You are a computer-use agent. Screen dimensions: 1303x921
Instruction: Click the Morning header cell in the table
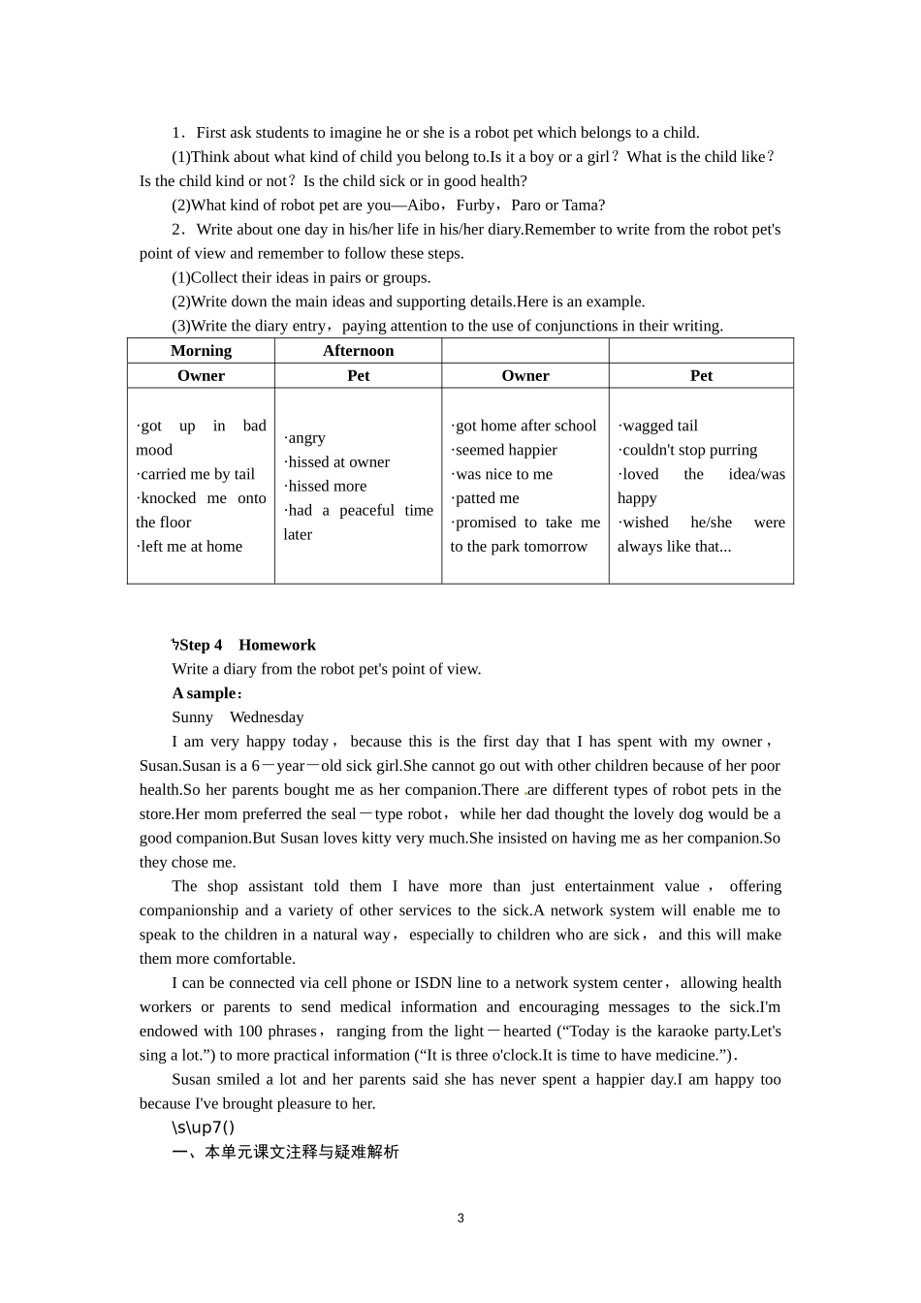201,351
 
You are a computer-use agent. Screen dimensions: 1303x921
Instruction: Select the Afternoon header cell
358,351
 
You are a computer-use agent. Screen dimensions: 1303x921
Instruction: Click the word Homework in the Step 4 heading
276,645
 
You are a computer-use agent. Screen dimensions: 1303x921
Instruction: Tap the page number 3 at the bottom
460,1218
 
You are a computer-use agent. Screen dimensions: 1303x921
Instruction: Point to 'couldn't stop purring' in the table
688,450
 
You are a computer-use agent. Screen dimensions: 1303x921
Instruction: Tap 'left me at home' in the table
190,547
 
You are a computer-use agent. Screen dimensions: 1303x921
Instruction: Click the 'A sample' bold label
205,693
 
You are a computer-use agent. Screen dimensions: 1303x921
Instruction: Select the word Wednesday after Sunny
267,717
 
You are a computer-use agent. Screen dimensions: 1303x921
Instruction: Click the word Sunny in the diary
192,717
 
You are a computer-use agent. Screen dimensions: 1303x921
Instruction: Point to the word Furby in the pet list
475,206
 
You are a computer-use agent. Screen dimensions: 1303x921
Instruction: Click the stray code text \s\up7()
203,1128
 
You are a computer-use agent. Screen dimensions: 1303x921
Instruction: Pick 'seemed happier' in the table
505,450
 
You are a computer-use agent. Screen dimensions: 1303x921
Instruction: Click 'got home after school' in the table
524,426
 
